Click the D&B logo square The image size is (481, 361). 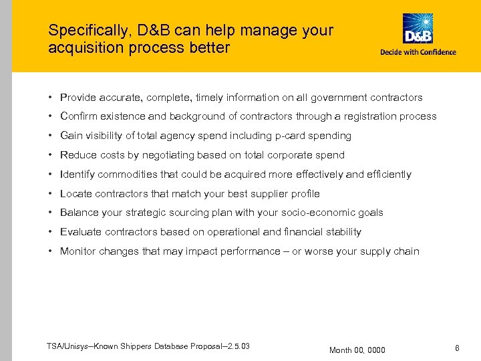pyautogui.click(x=418, y=29)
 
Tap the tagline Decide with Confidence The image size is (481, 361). pyautogui.click(x=418, y=52)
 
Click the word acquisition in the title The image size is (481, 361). pyautogui.click(x=78, y=48)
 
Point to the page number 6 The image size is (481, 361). pyautogui.click(x=457, y=348)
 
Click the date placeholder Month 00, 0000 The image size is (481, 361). pyautogui.click(x=357, y=350)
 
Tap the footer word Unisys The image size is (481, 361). pyautogui.click(x=78, y=346)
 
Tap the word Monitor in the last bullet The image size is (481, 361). pyautogui.click(x=78, y=251)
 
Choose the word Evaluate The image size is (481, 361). pyautogui.click(x=80, y=232)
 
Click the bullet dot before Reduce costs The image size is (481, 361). pyautogui.click(x=51, y=155)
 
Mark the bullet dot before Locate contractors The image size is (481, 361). pyautogui.click(x=51, y=194)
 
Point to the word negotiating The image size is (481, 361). pyautogui.click(x=166, y=155)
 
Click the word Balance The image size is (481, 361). pyautogui.click(x=79, y=213)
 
